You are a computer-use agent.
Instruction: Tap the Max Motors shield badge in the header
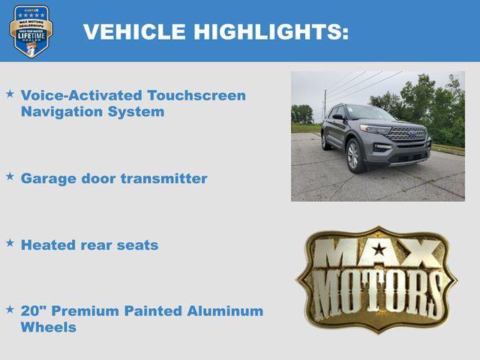tap(31, 31)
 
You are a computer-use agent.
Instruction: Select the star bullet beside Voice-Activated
tap(10, 94)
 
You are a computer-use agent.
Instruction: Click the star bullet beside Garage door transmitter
tap(10, 176)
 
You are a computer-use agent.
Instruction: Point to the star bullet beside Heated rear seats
tap(10, 243)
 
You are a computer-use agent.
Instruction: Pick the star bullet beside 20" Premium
tap(10, 309)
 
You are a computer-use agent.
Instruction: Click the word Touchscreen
tap(196, 95)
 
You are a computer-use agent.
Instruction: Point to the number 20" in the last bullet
tap(32, 310)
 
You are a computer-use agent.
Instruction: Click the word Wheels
tap(48, 328)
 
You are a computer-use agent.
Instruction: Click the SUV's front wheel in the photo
tap(353, 154)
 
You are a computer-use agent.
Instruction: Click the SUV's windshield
tap(370, 112)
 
